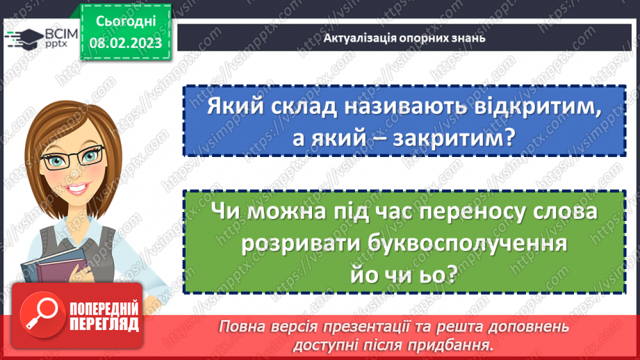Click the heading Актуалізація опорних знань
(x=404, y=38)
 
